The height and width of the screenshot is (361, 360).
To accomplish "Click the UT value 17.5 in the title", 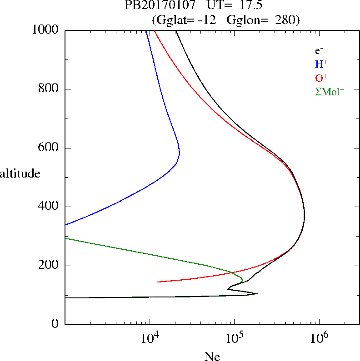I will click(246, 5).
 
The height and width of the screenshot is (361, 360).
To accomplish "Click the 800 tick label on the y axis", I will click(50, 89).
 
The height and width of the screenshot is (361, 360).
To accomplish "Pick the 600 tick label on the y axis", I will click(50, 148).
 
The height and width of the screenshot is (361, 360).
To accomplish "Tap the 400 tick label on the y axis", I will click(50, 207).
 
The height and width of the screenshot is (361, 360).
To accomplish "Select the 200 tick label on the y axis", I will click(50, 266).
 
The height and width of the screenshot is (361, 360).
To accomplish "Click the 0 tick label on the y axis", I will click(56, 324).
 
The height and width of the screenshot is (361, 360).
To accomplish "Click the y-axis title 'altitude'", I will click(20, 173).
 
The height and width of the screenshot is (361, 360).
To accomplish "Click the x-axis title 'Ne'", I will click(212, 356).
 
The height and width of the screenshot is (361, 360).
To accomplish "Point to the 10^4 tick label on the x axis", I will click(150, 338).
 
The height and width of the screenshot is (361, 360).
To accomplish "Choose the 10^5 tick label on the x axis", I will click(235, 338).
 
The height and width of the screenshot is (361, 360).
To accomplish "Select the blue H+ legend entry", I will click(321, 64).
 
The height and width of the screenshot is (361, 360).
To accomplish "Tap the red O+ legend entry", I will click(321, 78).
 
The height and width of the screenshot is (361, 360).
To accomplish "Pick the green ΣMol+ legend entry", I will click(330, 92).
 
